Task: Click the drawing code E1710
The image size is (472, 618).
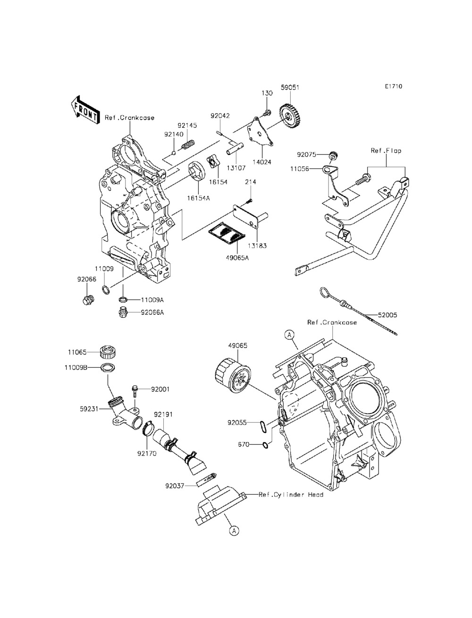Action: pos(393,86)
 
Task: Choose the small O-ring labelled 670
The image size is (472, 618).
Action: pos(266,444)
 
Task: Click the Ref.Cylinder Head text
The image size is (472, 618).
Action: pos(291,495)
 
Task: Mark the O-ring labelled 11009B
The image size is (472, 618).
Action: pos(108,368)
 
